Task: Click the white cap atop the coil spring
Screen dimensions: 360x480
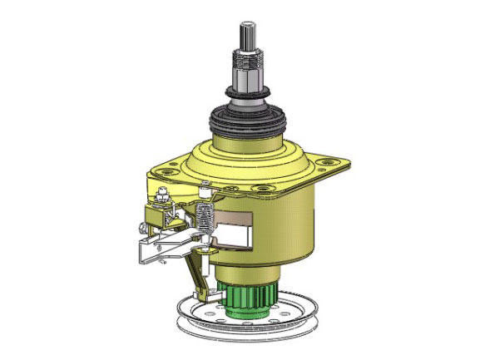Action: (205, 194)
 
